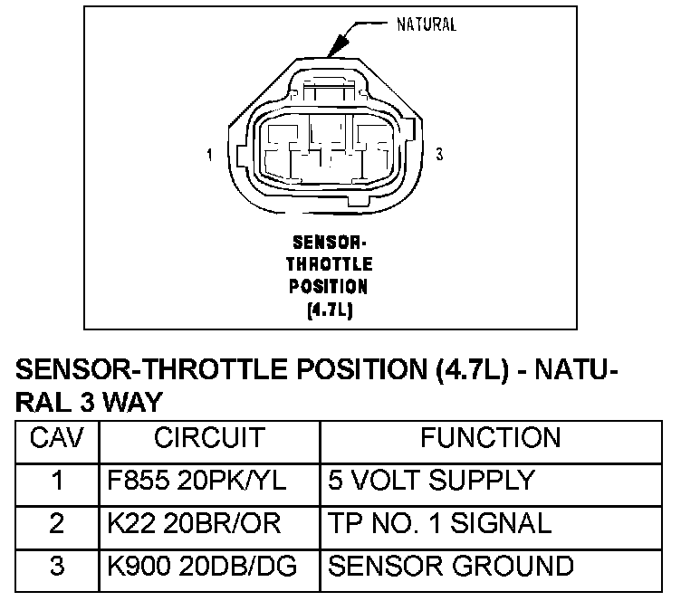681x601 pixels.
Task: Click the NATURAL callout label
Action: [427, 24]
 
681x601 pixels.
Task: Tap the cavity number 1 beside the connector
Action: [210, 155]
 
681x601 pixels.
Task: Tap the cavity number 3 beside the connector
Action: [439, 155]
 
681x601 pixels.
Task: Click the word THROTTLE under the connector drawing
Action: [329, 265]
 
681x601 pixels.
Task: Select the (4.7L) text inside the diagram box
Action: [329, 309]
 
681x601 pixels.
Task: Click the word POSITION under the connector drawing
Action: [329, 287]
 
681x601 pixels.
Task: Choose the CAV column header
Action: [57, 439]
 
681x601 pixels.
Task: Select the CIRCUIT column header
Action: [209, 439]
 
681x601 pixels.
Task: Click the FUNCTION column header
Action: [490, 439]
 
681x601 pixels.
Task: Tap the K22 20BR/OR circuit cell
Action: [181, 523]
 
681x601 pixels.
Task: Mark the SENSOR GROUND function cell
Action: [450, 567]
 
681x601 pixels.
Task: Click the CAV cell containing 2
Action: [57, 523]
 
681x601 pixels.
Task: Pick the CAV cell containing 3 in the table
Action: [57, 567]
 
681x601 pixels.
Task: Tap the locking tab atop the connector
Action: [329, 91]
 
